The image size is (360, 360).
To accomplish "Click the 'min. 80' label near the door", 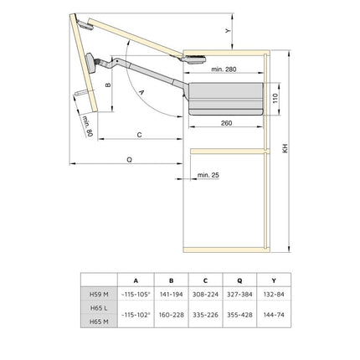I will coord(86,126).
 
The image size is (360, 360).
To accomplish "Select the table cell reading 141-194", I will coord(171,294).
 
